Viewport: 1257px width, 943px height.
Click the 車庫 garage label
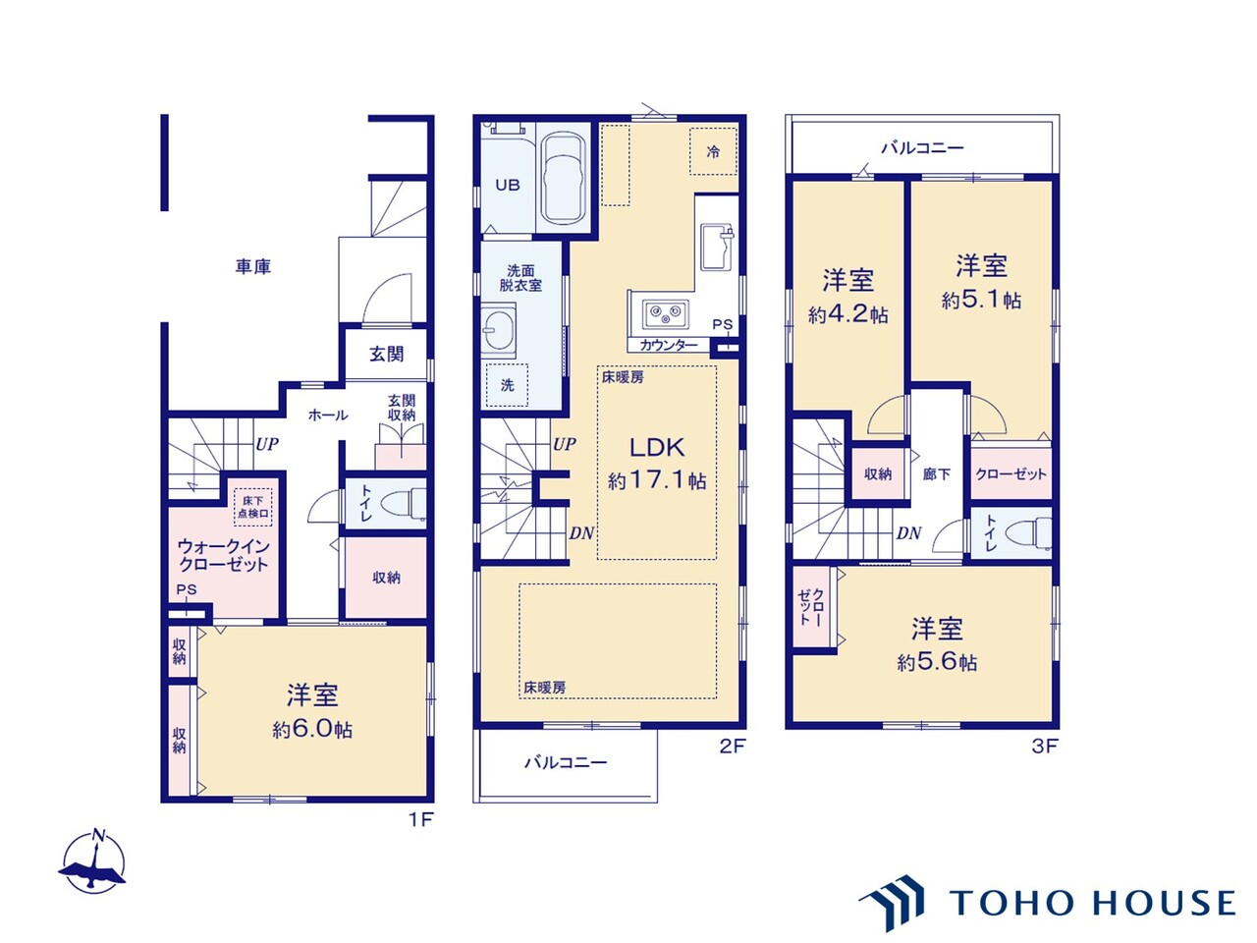pyautogui.click(x=252, y=267)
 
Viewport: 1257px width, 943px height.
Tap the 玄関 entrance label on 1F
pyautogui.click(x=386, y=355)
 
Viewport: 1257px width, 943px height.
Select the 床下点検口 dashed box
pyautogui.click(x=253, y=508)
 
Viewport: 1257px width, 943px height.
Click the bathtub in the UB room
pyautogui.click(x=564, y=179)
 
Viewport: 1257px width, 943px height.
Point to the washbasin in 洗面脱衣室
pyautogui.click(x=498, y=330)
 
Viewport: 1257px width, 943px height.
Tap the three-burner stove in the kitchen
pyautogui.click(x=665, y=313)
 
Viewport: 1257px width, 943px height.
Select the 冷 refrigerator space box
pyautogui.click(x=713, y=151)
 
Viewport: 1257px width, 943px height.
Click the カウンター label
pyautogui.click(x=669, y=345)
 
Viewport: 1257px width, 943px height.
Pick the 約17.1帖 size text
pyautogui.click(x=657, y=481)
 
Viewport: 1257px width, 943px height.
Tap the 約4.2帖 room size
pyautogui.click(x=848, y=314)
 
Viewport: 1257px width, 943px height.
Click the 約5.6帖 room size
pyautogui.click(x=937, y=662)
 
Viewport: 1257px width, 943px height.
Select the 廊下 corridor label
pyautogui.click(x=937, y=474)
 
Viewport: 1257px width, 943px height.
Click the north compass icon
pyautogui.click(x=93, y=860)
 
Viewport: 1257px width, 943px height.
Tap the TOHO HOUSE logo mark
pyautogui.click(x=893, y=903)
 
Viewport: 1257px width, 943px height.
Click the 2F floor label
pyautogui.click(x=733, y=746)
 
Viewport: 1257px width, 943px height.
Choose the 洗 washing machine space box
pyautogui.click(x=507, y=385)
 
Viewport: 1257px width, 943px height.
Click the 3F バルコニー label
pyautogui.click(x=922, y=148)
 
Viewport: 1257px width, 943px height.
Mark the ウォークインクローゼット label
pyautogui.click(x=223, y=555)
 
